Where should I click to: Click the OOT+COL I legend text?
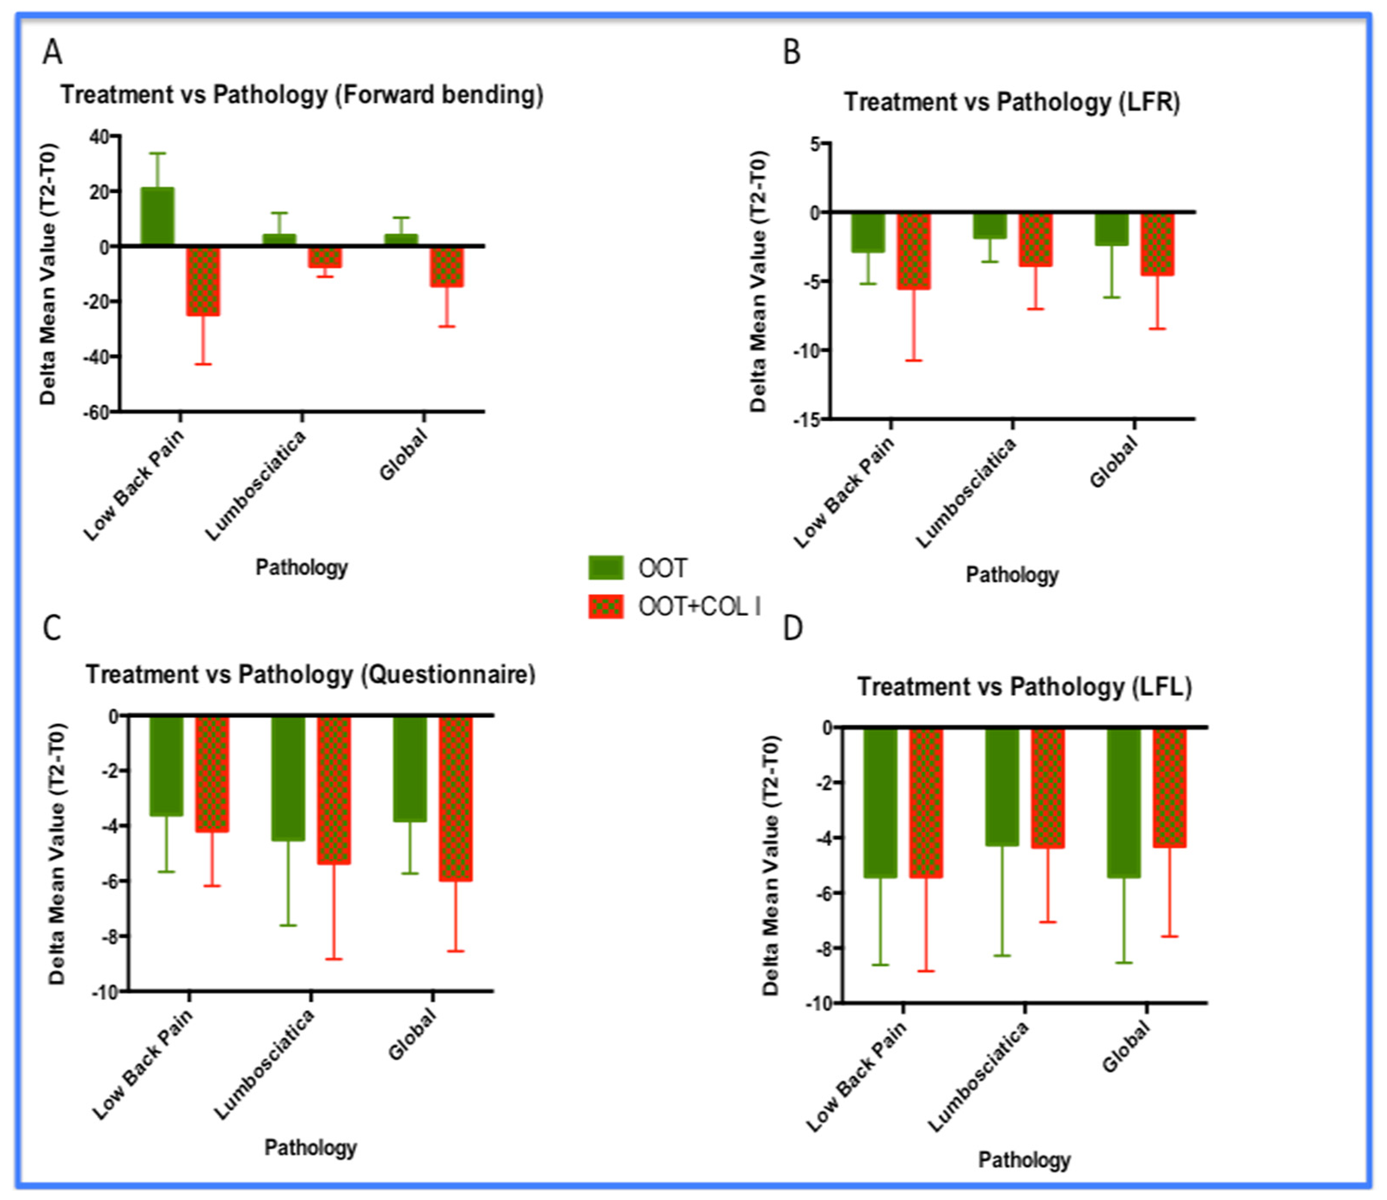pyautogui.click(x=698, y=607)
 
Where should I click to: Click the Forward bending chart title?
pyautogui.click(x=301, y=95)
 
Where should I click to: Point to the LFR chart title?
pyautogui.click(x=1011, y=102)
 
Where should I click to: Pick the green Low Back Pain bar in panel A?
pyautogui.click(x=157, y=216)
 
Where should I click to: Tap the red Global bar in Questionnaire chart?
pyautogui.click(x=456, y=798)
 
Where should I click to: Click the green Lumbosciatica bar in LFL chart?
pyautogui.click(x=1002, y=787)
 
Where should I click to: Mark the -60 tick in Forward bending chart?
pyautogui.click(x=96, y=412)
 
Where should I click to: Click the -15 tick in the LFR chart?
pyautogui.click(x=805, y=420)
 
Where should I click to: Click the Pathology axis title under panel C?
pyautogui.click(x=310, y=1148)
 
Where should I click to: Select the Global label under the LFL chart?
pyautogui.click(x=1127, y=1048)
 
